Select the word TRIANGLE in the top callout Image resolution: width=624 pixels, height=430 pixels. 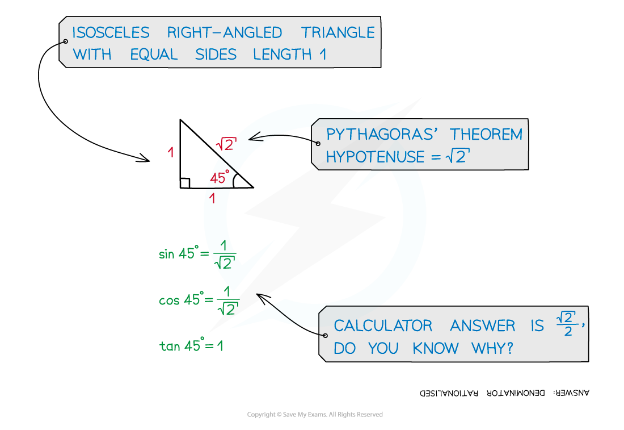point(338,32)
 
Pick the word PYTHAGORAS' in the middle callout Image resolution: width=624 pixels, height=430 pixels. point(381,135)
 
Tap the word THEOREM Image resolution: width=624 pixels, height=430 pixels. point(486,135)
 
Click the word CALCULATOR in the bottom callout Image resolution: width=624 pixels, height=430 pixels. point(383,326)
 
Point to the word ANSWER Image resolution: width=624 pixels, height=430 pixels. point(483,326)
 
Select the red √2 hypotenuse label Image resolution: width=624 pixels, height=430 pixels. point(226,144)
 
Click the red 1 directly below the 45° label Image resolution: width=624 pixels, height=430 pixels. point(212,199)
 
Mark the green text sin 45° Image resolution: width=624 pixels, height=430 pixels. point(176,254)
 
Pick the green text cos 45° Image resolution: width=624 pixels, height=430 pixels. point(179,300)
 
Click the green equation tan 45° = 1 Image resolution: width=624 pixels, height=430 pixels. point(191,345)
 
